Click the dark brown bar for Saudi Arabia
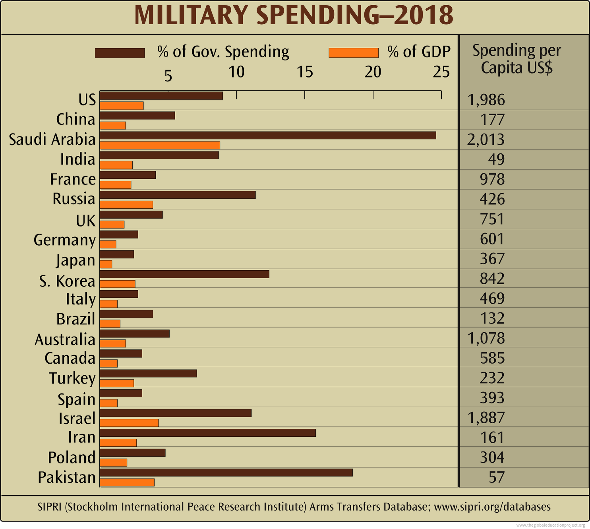(268, 136)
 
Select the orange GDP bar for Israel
(129, 423)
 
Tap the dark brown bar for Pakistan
(226, 473)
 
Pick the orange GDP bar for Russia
(126, 205)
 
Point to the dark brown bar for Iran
(208, 433)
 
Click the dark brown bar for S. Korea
(184, 274)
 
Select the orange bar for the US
(122, 106)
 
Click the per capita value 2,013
(486, 140)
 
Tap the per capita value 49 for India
(496, 159)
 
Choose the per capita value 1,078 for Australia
(486, 338)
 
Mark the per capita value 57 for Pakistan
(496, 477)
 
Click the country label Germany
(64, 240)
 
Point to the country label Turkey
(72, 378)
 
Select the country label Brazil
(75, 319)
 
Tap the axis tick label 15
(305, 72)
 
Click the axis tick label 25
(441, 72)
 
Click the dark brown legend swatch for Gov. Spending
(120, 53)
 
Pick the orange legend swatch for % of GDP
(354, 53)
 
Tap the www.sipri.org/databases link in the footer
(492, 507)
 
